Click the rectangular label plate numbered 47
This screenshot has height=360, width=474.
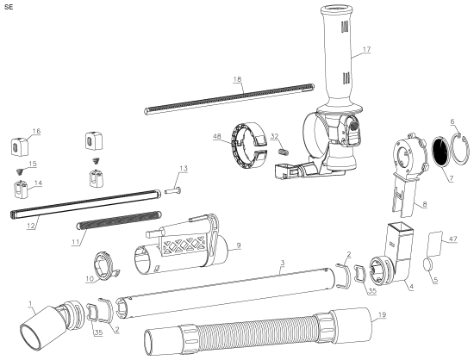click(434, 239)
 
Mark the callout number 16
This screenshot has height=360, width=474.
click(36, 131)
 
